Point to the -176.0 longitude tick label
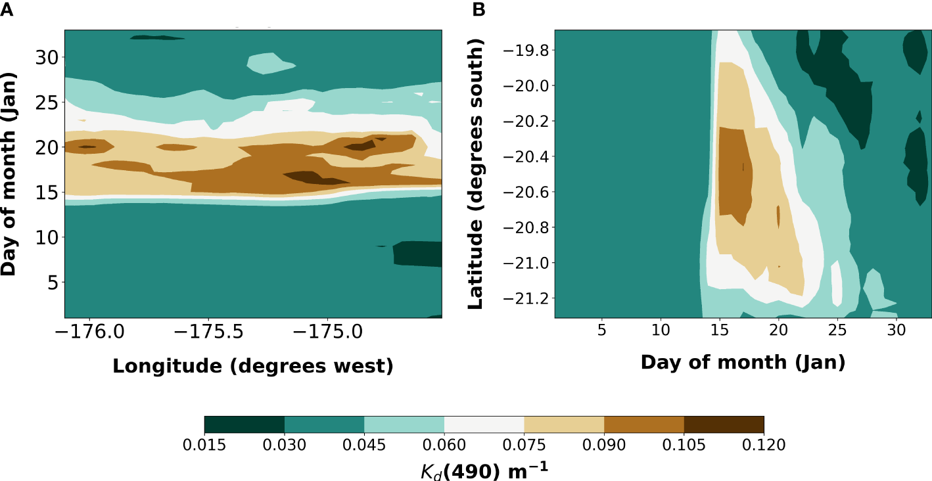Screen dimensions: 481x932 pyautogui.click(x=89, y=334)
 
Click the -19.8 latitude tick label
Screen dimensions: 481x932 pyautogui.click(x=521, y=50)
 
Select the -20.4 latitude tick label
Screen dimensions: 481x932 pyautogui.click(x=521, y=156)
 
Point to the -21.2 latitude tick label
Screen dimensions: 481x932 pyautogui.click(x=521, y=298)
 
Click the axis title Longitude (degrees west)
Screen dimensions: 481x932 pyautogui.click(x=253, y=366)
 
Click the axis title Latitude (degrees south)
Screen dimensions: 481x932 pyautogui.click(x=477, y=174)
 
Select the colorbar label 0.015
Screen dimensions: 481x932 pyautogui.click(x=204, y=446)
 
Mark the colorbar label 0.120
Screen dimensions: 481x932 pyautogui.click(x=764, y=446)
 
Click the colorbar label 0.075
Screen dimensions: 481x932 pyautogui.click(x=524, y=446)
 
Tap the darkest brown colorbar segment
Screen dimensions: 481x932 pyautogui.click(x=724, y=424)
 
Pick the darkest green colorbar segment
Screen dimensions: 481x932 pyautogui.click(x=244, y=424)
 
